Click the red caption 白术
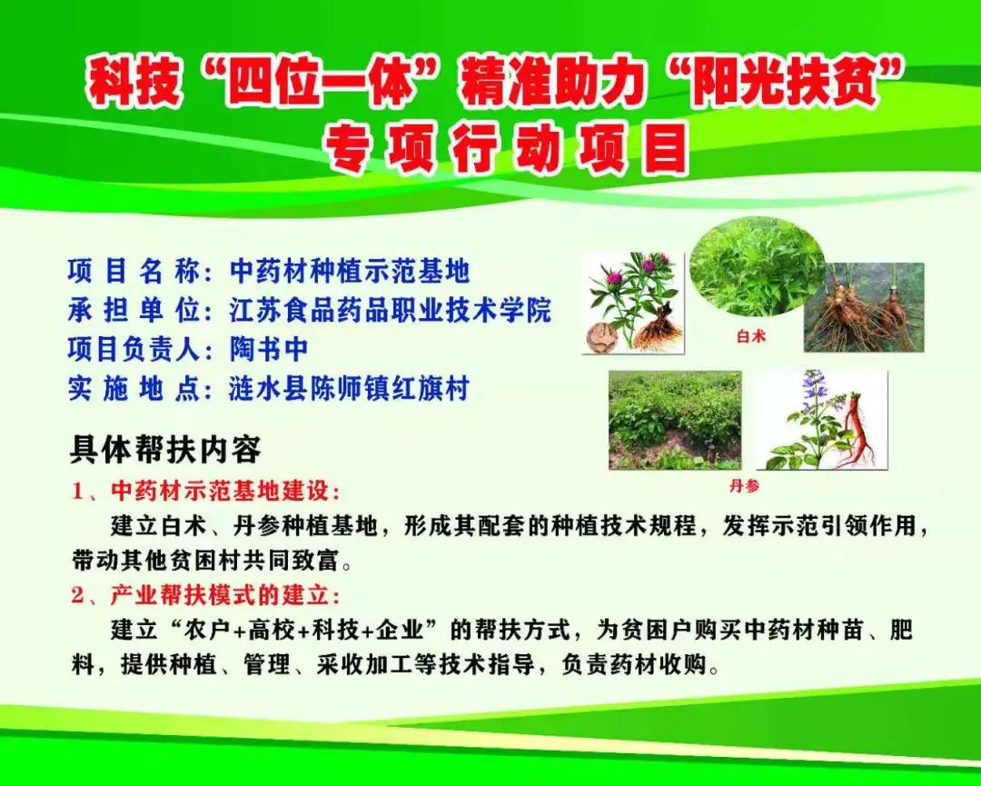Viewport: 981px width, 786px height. coord(751,337)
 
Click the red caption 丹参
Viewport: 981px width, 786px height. coord(745,485)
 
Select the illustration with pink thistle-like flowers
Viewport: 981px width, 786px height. coord(633,303)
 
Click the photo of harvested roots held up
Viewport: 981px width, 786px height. coord(864,306)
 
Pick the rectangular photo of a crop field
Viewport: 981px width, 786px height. coord(675,420)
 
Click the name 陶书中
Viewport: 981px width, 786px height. coord(268,349)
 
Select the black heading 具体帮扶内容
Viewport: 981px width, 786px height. coord(164,450)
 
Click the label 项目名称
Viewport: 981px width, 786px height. coord(134,271)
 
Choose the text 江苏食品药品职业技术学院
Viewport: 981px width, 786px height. coord(390,311)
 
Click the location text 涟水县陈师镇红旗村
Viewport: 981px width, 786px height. coord(349,389)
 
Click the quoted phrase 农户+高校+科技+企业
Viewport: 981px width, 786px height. coord(304,630)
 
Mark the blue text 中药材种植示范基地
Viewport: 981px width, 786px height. coord(349,271)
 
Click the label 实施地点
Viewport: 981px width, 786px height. coord(134,389)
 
